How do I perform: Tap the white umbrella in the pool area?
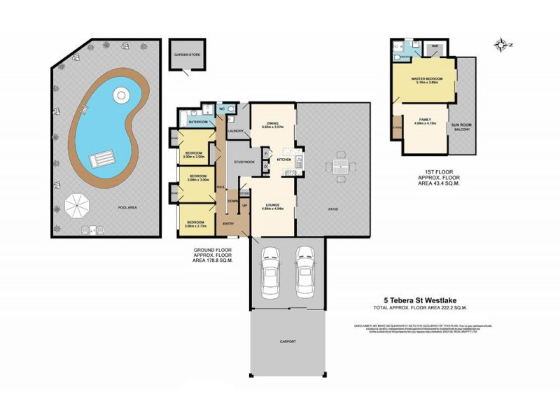(78, 206)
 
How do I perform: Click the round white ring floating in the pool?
(121, 94)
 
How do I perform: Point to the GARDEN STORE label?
(187, 53)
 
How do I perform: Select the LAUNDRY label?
(236, 131)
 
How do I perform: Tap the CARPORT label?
(288, 342)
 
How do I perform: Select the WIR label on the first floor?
(435, 47)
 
